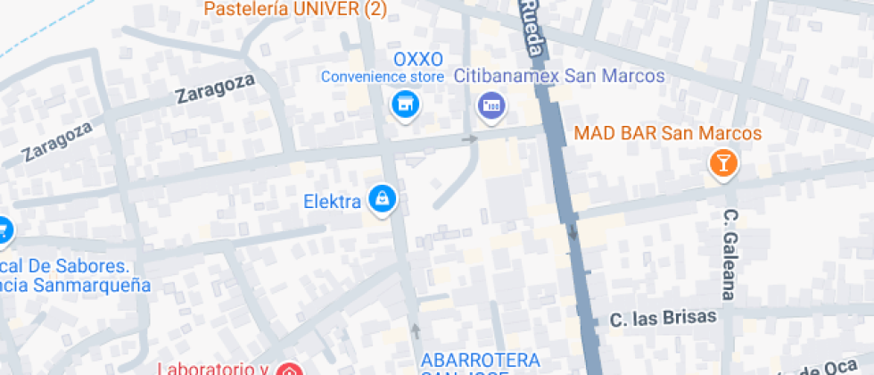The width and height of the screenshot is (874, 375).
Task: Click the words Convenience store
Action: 383,77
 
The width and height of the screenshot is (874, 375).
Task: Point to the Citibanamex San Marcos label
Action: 559,77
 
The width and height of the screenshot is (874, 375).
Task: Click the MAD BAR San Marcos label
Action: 668,134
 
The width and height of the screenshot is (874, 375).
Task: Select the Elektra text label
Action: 332,201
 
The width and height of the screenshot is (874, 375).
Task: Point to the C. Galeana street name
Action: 730,254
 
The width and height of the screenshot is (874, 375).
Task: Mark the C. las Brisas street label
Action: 664,319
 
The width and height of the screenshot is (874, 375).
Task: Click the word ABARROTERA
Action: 481,360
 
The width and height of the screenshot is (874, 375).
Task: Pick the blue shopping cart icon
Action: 3,229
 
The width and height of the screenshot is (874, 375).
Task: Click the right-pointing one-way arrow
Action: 469,138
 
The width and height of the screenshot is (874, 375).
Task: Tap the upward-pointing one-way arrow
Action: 416,330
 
